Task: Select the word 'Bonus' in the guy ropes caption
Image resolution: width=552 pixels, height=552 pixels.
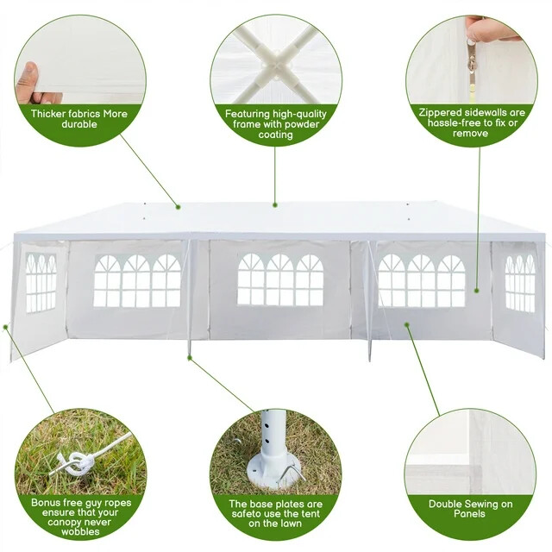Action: click(x=47, y=501)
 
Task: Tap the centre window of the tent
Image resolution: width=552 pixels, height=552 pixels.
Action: click(x=280, y=279)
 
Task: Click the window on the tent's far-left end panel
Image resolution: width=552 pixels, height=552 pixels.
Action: click(x=41, y=282)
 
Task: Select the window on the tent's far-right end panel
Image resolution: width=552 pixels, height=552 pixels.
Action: click(x=519, y=281)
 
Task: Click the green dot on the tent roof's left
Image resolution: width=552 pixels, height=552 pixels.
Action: click(x=177, y=206)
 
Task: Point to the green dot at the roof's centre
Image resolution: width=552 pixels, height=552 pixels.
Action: click(x=275, y=205)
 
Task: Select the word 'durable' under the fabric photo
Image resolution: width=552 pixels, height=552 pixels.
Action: click(x=80, y=123)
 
